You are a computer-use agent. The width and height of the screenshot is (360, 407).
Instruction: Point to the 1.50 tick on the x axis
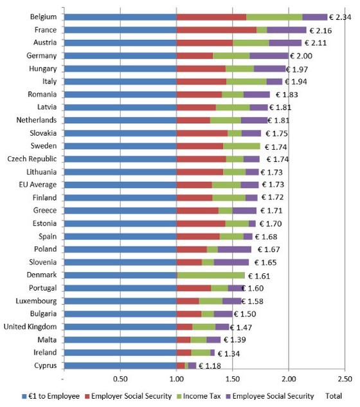pyautogui.click(x=232, y=379)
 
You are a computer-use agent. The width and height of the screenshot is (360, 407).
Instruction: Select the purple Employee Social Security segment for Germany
pyautogui.click(x=268, y=56)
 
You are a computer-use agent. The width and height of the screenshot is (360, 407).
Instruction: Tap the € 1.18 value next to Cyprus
pyautogui.click(x=212, y=366)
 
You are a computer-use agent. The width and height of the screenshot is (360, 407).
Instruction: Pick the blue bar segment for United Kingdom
pyautogui.click(x=120, y=327)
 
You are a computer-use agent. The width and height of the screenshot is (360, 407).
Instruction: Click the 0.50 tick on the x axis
pyautogui.click(x=120, y=379)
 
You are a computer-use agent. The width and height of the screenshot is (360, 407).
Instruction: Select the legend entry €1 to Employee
pyautogui.click(x=46, y=395)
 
